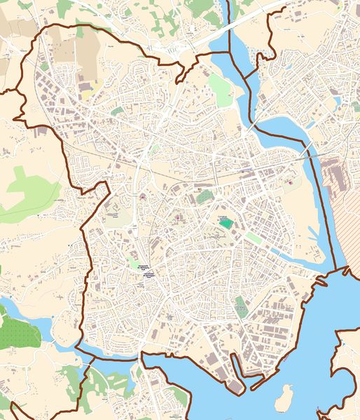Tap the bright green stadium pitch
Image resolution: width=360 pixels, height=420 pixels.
(x=226, y=223)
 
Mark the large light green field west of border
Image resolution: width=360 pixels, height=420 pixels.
(x=28, y=193)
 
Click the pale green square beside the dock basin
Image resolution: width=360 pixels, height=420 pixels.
(x=254, y=238)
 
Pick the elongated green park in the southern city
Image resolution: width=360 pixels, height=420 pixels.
(x=241, y=306)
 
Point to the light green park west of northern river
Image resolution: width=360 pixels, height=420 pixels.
(x=223, y=91)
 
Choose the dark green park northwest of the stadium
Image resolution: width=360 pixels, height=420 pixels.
(x=204, y=197)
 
